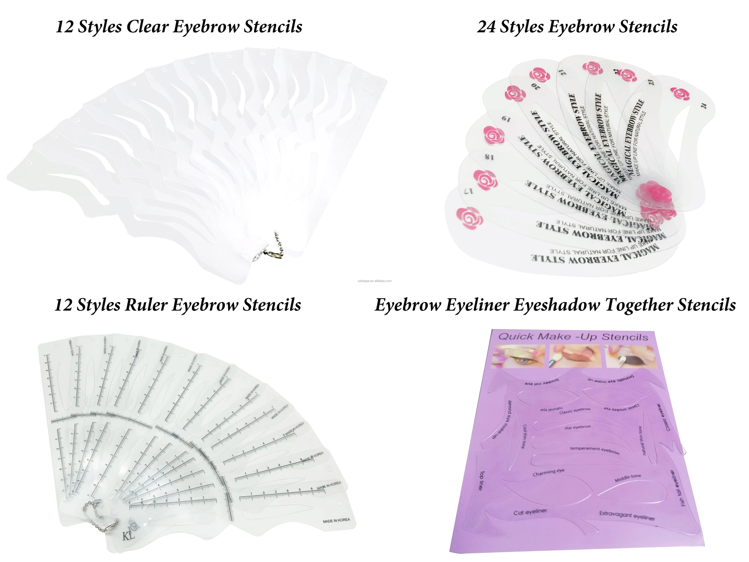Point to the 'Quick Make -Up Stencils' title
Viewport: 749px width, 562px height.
point(573,337)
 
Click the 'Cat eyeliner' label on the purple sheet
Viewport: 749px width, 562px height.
point(530,512)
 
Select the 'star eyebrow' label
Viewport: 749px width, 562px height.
point(577,428)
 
